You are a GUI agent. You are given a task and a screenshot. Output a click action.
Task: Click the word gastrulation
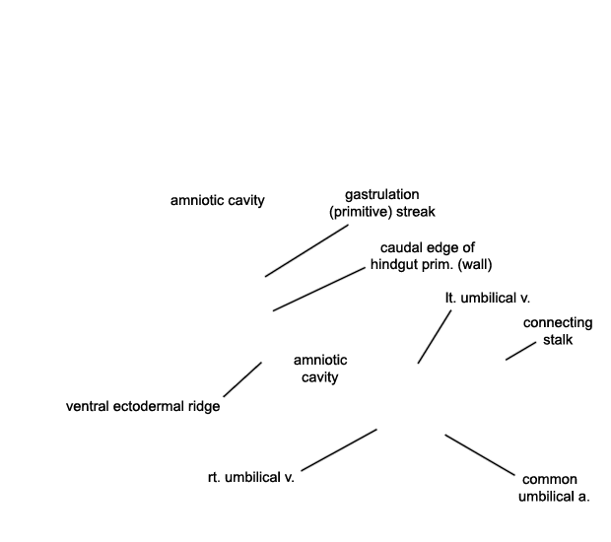pos(382,195)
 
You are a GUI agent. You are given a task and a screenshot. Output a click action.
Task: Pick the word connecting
pos(558,323)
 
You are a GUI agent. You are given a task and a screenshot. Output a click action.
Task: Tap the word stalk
pos(558,340)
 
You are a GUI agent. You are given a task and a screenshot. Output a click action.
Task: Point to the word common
pos(550,480)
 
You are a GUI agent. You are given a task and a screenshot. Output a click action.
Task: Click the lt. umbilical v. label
pos(488,298)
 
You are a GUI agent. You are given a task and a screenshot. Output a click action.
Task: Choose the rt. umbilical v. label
pos(251,477)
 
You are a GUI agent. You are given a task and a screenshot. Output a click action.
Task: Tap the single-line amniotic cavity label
pos(218,200)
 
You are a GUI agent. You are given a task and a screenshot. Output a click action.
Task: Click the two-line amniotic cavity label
pos(320,369)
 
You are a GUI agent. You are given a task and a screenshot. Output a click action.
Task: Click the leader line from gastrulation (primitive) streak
pos(306,250)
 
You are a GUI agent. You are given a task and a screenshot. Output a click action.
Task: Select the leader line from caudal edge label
pos(319,289)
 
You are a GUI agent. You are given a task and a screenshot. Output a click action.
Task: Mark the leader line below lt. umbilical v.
pos(435,337)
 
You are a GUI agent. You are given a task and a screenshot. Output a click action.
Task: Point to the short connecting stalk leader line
pos(521,351)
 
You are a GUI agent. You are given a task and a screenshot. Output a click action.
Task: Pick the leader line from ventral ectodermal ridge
pos(242,380)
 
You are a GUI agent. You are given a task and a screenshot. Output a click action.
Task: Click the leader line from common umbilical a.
pos(480,455)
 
